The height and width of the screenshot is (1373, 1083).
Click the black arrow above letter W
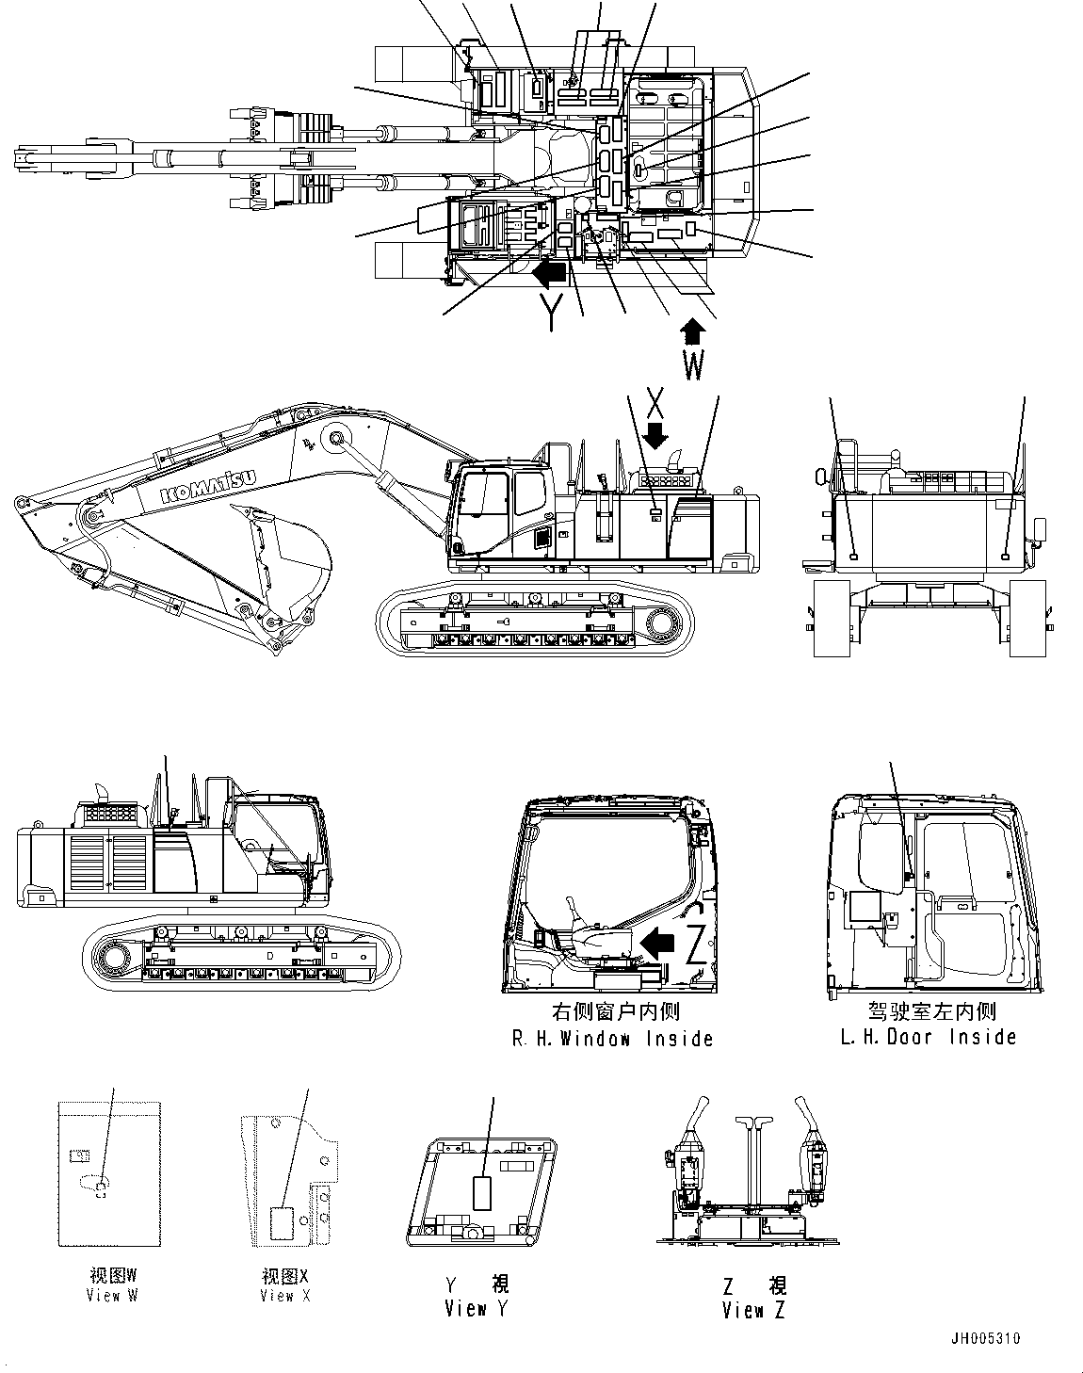[x=692, y=331]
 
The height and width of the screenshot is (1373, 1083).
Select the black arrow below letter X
[x=657, y=434]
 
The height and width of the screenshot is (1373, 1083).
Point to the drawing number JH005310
[x=984, y=1338]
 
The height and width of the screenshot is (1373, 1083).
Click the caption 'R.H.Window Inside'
[x=612, y=1039]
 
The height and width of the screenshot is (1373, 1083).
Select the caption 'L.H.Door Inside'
[x=929, y=1037]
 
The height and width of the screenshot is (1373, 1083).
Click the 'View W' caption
[x=111, y=1296]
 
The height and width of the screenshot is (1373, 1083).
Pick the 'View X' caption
[x=285, y=1296]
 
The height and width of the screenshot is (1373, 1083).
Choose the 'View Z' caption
[x=753, y=1309]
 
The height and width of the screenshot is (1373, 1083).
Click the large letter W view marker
[x=692, y=365]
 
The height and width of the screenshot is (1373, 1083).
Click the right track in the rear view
[x=1027, y=618]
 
